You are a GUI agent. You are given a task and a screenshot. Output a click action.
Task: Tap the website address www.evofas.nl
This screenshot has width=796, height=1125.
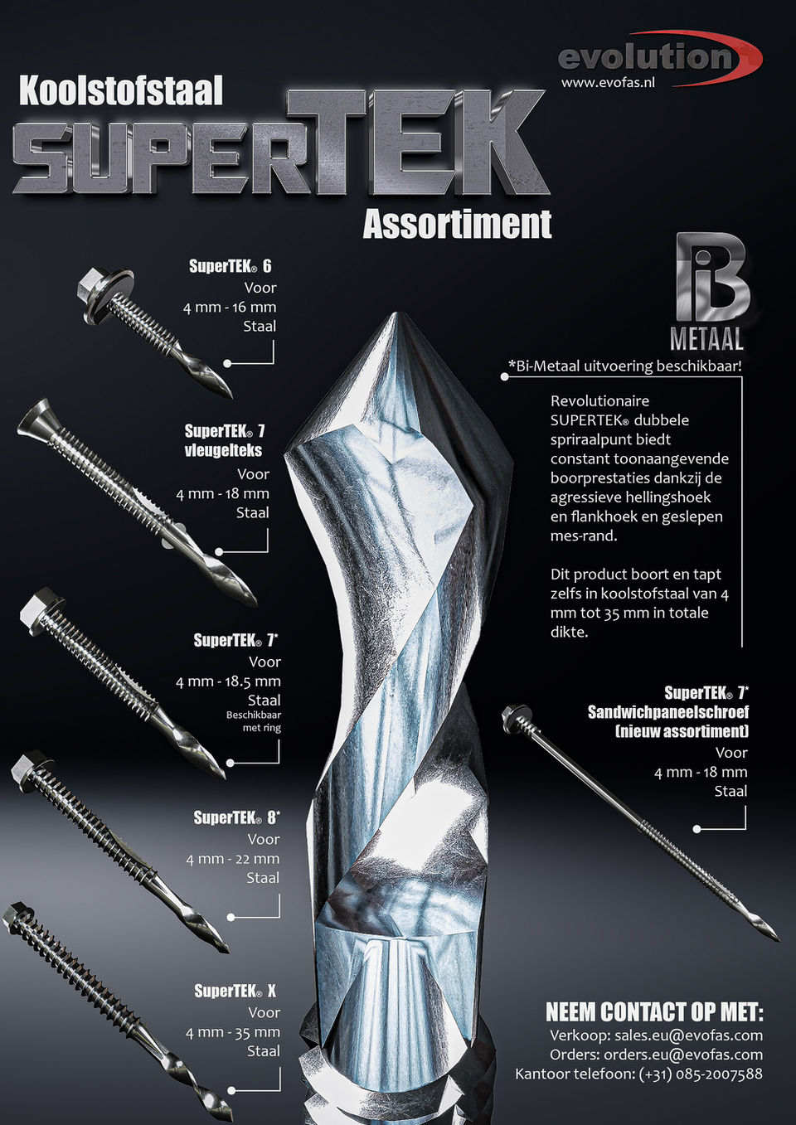608,83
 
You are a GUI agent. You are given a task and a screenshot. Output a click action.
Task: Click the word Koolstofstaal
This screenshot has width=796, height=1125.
121,91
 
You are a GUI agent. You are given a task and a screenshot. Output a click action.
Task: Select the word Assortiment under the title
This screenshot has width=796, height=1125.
457,224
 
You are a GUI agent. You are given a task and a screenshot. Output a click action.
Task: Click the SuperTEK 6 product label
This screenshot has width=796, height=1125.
230,266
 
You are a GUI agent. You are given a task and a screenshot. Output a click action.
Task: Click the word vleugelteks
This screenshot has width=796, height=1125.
223,450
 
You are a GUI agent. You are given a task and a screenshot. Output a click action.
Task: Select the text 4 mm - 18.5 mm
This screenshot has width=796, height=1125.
228,681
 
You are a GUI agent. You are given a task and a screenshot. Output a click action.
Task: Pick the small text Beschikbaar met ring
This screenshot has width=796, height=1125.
254,721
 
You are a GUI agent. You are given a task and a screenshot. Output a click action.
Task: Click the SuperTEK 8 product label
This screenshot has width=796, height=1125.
236,817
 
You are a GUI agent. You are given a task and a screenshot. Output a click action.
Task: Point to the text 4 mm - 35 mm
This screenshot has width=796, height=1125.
232,1032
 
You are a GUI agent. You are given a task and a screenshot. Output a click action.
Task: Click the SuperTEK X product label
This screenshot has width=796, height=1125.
235,991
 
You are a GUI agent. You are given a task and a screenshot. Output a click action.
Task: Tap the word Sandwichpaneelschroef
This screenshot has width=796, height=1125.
667,712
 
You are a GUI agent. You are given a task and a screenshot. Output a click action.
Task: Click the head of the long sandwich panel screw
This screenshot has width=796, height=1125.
514,718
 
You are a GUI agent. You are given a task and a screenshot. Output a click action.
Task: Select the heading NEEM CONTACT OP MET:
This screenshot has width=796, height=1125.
654,1012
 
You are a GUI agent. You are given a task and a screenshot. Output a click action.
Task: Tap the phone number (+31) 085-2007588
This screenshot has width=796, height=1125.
700,1074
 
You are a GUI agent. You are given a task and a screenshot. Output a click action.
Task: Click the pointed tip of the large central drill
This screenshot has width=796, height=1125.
396,318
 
